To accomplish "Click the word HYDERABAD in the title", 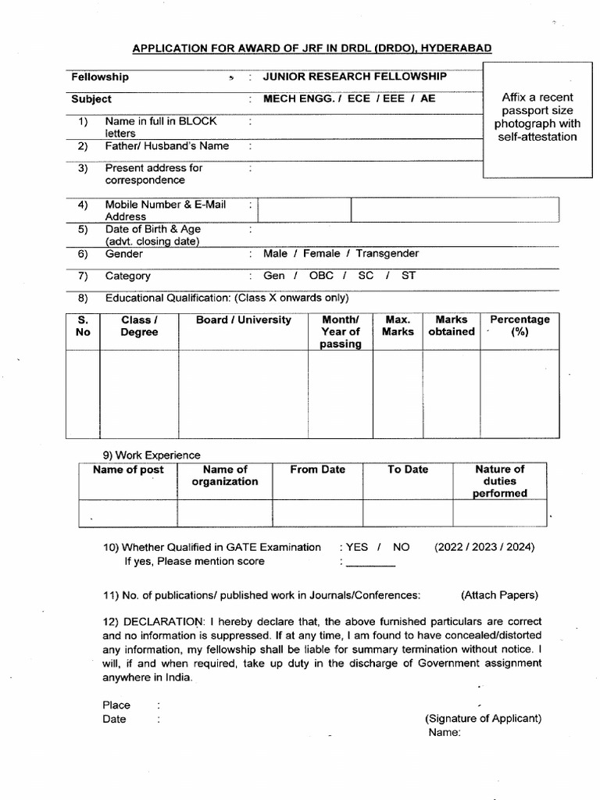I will click(457, 48).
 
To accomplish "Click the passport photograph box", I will click(537, 120).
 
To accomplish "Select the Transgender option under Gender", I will click(387, 254).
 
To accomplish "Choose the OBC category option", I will click(321, 276).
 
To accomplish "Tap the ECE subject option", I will click(359, 99).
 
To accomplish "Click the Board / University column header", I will click(244, 320).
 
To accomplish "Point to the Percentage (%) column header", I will click(520, 326).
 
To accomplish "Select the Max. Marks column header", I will click(398, 326).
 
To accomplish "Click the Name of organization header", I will click(224, 475).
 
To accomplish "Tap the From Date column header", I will click(317, 470).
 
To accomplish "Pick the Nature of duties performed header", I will click(499, 481).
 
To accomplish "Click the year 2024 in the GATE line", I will click(521, 547).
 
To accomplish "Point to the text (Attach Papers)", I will click(499, 595).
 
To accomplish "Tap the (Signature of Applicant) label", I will click(483, 719).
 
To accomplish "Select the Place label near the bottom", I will click(116, 705).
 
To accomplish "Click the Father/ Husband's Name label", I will click(167, 146).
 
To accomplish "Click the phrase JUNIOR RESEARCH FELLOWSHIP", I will click(355, 77).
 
